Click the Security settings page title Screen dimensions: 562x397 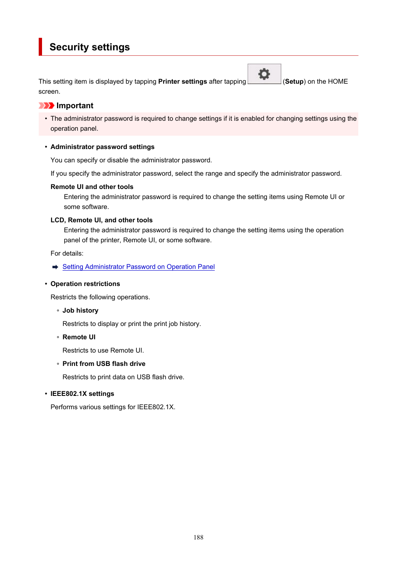point(89,47)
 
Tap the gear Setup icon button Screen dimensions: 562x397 point(264,74)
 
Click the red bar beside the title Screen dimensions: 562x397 point(40,47)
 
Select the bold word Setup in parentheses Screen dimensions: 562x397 point(294,82)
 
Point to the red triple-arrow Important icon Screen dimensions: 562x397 point(46,106)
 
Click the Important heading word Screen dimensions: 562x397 point(75,106)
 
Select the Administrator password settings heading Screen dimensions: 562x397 point(102,147)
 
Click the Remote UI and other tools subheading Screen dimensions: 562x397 point(92,187)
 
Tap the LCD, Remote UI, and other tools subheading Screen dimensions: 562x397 point(102,220)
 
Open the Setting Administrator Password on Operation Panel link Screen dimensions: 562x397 point(139,267)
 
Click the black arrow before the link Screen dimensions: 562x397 point(55,267)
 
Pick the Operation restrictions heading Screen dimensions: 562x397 point(85,284)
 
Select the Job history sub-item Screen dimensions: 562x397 point(80,311)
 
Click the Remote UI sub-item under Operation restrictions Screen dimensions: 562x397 point(79,337)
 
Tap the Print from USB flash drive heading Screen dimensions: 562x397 point(104,364)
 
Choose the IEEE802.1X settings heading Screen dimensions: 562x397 point(82,394)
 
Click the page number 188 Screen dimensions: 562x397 point(198,537)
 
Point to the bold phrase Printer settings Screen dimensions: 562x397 point(183,82)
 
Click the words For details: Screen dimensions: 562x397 point(67,254)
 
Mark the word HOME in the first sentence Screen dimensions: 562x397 point(338,82)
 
